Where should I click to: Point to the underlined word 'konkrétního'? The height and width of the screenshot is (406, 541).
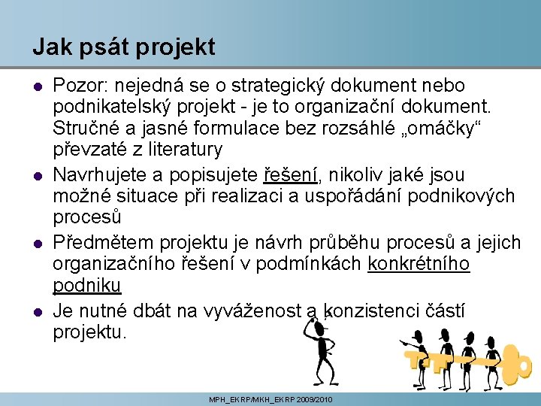[419, 265]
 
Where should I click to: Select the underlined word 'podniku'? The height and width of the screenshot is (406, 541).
[87, 286]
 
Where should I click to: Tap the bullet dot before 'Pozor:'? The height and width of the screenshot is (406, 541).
[37, 86]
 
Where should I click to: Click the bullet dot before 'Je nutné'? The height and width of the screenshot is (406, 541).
[37, 311]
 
